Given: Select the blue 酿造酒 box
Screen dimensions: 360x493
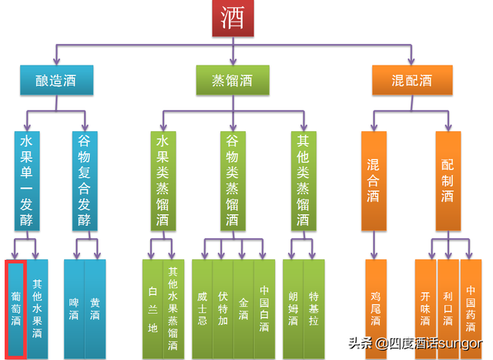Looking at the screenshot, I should point(57,80).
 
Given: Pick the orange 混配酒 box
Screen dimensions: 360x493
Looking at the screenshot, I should point(411,80).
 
